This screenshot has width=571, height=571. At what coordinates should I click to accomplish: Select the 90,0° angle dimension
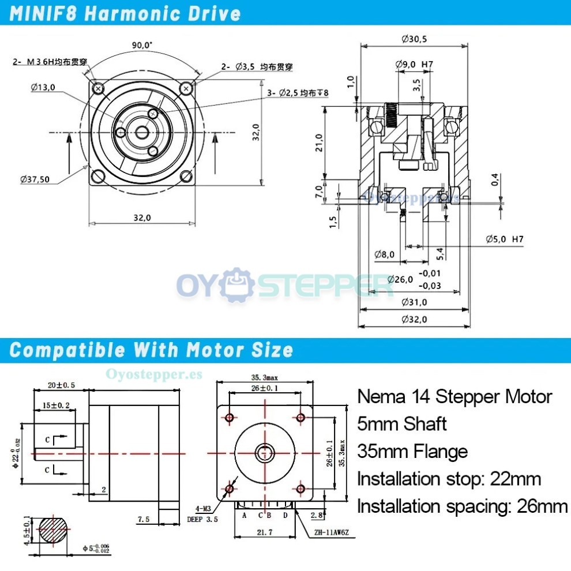[x=142, y=45]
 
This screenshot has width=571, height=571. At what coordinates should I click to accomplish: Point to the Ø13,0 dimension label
[x=43, y=87]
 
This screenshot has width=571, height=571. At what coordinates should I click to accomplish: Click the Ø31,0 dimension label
[x=414, y=302]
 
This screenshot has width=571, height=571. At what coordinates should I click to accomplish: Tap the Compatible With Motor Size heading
[x=152, y=350]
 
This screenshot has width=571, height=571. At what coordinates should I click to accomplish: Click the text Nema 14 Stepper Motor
[x=454, y=397]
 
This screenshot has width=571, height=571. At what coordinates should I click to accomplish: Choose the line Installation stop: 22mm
[x=449, y=479]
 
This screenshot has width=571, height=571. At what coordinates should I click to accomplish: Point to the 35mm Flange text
[x=412, y=451]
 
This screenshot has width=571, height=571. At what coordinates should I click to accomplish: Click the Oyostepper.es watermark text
[x=154, y=374]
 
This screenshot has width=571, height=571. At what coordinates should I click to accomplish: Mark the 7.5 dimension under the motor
[x=144, y=519]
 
